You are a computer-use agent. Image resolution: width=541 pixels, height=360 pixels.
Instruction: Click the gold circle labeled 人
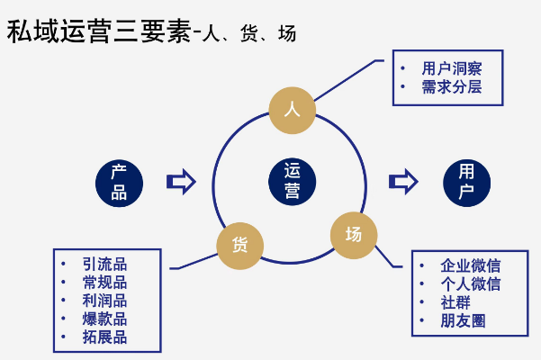pyautogui.click(x=292, y=109)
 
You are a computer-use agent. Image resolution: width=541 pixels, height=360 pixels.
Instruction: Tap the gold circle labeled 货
pyautogui.click(x=239, y=244)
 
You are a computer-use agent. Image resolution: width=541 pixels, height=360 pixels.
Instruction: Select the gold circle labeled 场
pyautogui.click(x=353, y=235)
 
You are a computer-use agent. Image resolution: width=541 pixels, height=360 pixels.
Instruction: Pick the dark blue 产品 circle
pyautogui.click(x=119, y=181)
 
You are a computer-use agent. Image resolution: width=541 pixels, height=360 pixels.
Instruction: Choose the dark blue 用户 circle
pyautogui.click(x=466, y=181)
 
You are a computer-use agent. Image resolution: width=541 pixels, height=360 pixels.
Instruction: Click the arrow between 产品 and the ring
pyautogui.click(x=181, y=181)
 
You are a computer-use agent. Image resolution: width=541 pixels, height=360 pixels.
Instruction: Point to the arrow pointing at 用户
pyautogui.click(x=403, y=181)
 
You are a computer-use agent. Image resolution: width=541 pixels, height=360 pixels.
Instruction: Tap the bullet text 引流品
pyautogui.click(x=104, y=264)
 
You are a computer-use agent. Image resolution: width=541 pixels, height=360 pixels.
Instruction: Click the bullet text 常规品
pyautogui.click(x=104, y=282)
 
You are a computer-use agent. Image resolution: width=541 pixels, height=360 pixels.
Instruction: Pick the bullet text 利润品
pyautogui.click(x=104, y=301)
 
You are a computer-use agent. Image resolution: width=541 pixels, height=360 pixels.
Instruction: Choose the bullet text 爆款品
pyautogui.click(x=104, y=319)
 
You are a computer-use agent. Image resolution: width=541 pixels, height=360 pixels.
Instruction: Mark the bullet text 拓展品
pyautogui.click(x=104, y=338)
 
